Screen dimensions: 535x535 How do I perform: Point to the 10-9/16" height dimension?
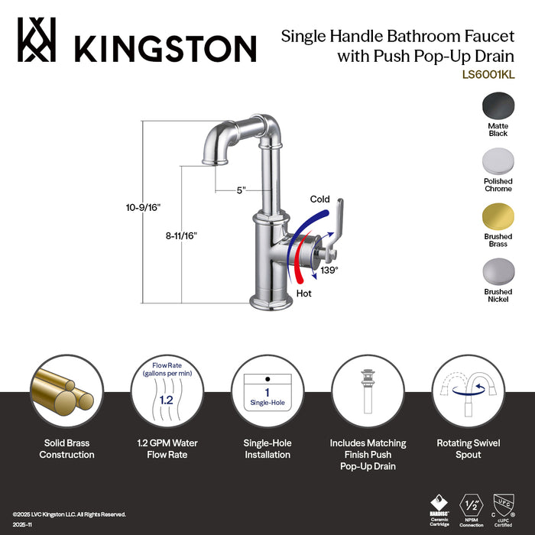(x=143, y=207)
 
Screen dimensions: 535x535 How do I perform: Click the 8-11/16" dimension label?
(x=181, y=236)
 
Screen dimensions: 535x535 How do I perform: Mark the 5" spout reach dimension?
(x=241, y=190)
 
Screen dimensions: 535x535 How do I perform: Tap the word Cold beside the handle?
(x=319, y=199)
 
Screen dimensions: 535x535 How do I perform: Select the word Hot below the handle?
(x=303, y=293)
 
